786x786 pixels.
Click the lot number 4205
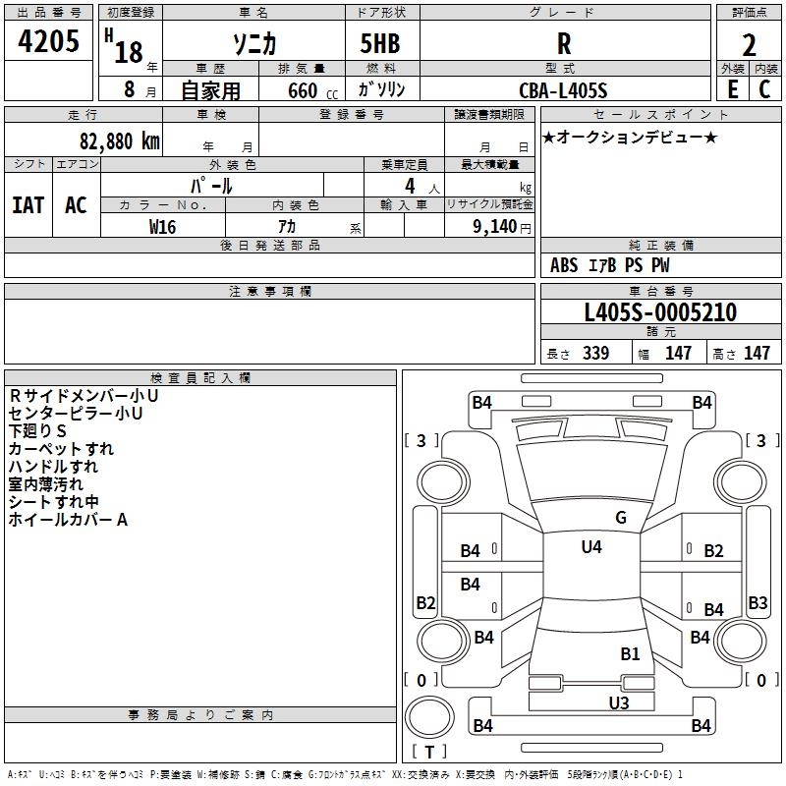(x=48, y=40)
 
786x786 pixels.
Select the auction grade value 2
(x=749, y=45)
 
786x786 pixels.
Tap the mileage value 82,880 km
(x=119, y=141)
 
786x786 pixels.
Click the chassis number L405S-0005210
(x=660, y=312)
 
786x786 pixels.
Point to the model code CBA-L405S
(x=563, y=90)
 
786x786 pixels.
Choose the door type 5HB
(x=380, y=43)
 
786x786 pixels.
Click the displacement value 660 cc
(x=312, y=90)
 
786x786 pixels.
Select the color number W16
(x=162, y=227)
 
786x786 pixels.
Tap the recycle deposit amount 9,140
(x=495, y=227)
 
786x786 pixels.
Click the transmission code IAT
(x=28, y=205)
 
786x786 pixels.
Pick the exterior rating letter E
(x=732, y=89)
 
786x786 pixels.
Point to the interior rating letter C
(x=764, y=89)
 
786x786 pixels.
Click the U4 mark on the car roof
(x=591, y=547)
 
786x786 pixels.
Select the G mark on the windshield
(x=621, y=518)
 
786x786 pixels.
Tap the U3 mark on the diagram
(x=619, y=702)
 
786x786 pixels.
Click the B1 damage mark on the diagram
(x=630, y=654)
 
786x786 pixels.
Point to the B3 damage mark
(x=758, y=602)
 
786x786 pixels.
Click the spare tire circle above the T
(x=429, y=717)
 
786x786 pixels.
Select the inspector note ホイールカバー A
(x=68, y=520)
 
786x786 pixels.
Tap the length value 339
(x=595, y=353)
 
